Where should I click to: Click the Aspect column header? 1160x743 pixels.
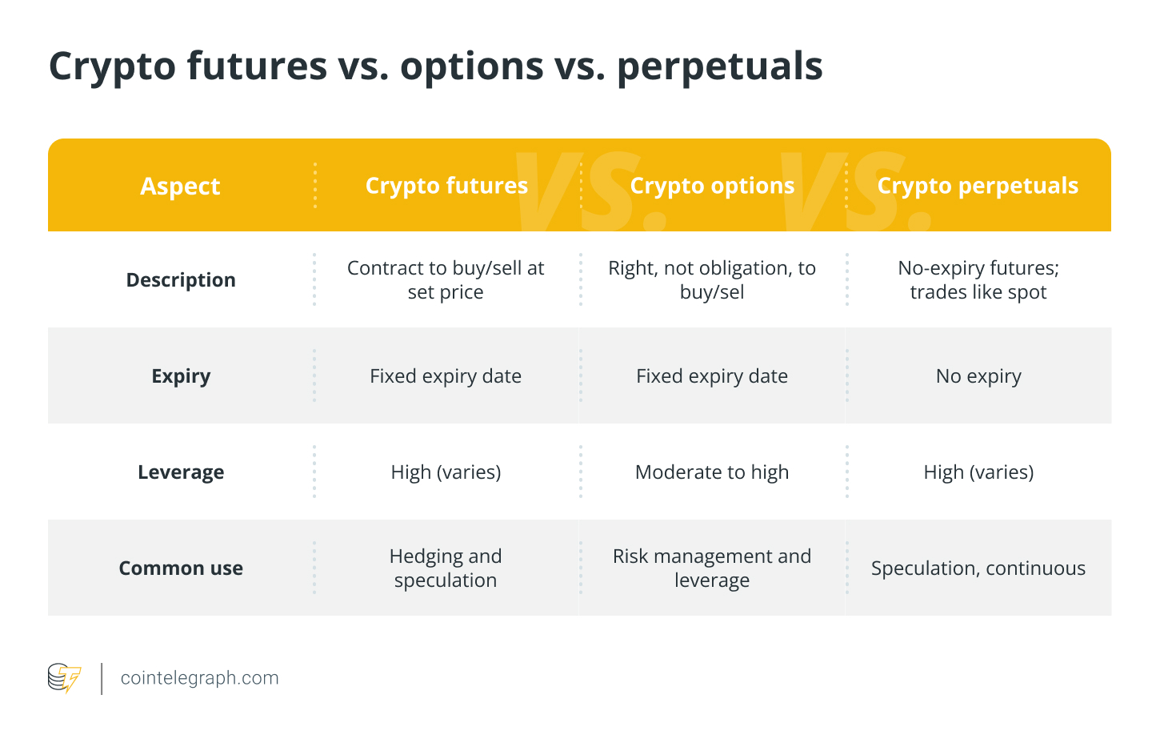[180, 186]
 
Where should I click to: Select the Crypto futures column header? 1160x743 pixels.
[446, 186]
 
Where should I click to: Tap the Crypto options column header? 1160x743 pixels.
[712, 186]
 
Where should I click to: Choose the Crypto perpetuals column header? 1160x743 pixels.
[978, 186]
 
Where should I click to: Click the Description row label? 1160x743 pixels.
[181, 280]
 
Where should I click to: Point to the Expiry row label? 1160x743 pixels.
[181, 376]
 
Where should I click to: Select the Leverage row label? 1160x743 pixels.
[181, 472]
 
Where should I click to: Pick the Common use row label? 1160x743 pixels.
[181, 568]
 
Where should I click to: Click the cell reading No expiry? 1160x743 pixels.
[978, 376]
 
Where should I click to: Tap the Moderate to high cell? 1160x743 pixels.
[712, 472]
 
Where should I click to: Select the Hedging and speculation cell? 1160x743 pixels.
[446, 568]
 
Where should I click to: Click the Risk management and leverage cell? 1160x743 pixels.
[712, 568]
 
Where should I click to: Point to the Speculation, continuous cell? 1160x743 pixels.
[978, 568]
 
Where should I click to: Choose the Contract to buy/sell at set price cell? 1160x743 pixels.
[446, 280]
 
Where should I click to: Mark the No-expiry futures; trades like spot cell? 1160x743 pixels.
[978, 280]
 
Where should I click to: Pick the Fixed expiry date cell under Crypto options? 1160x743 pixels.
[712, 376]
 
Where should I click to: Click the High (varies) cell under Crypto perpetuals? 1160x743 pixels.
[978, 472]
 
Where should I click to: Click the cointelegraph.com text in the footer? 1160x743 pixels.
[199, 678]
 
